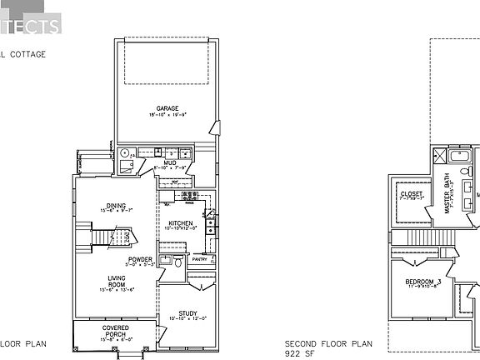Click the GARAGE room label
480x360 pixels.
pyautogui.click(x=167, y=108)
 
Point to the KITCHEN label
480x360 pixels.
pyautogui.click(x=181, y=223)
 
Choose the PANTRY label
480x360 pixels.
pyautogui.click(x=199, y=260)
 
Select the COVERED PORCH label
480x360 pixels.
pyautogui.click(x=115, y=331)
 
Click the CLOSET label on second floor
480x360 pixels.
pyautogui.click(x=412, y=194)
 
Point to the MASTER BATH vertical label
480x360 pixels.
pyautogui.click(x=447, y=194)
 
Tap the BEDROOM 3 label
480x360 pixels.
pyautogui.click(x=423, y=282)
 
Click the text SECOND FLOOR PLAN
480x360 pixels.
pyautogui.click(x=328, y=343)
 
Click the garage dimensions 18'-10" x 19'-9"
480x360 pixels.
pyautogui.click(x=167, y=115)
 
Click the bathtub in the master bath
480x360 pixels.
pyautogui.click(x=458, y=156)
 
